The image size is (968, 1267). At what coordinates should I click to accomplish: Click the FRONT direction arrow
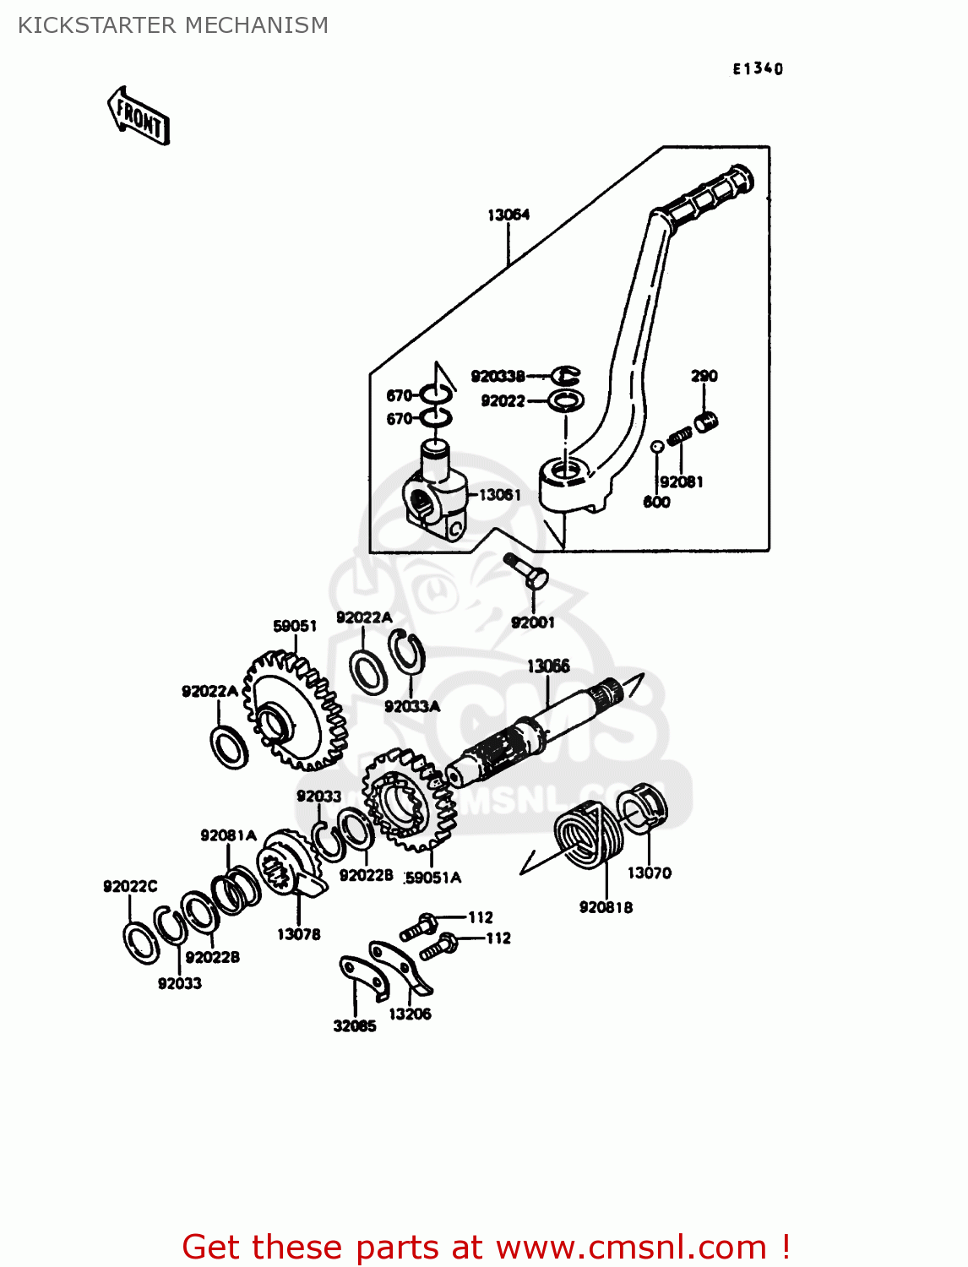click(x=139, y=117)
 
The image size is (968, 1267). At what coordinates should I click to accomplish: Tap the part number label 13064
click(x=508, y=215)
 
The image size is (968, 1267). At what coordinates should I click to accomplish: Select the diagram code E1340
click(x=758, y=69)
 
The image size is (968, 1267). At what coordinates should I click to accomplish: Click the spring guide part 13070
click(x=644, y=807)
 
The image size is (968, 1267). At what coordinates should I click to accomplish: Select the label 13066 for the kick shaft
click(x=548, y=666)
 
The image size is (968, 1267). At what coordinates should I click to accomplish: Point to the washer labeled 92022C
click(x=141, y=943)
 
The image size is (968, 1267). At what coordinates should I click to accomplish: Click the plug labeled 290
click(x=706, y=421)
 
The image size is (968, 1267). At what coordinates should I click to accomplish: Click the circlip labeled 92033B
click(x=566, y=375)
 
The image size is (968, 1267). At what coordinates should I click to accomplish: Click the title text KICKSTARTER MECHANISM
click(x=173, y=25)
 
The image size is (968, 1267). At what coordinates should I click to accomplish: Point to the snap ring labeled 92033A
click(x=406, y=653)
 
